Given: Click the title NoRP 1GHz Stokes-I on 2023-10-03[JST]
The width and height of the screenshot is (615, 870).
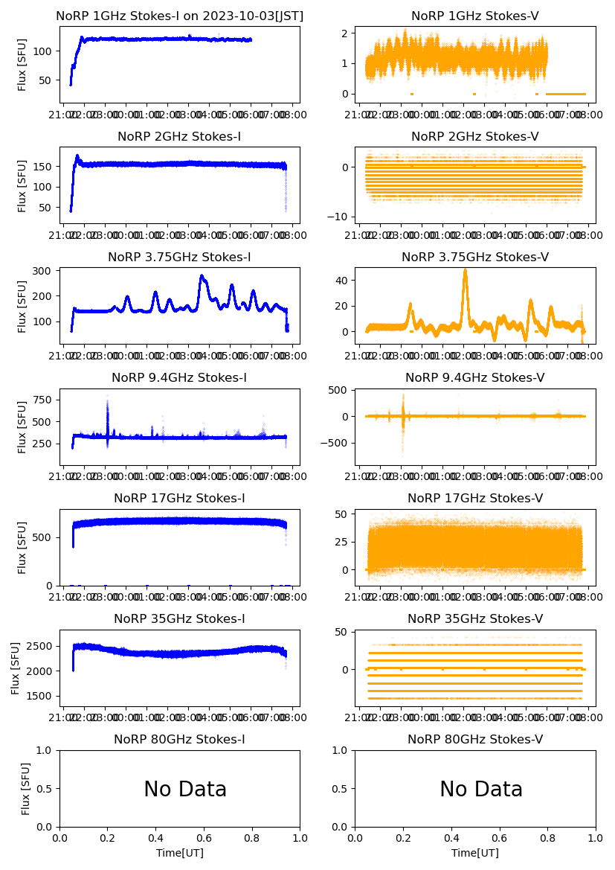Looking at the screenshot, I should (x=180, y=16).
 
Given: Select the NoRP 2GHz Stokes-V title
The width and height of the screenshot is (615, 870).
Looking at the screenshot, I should (x=475, y=137).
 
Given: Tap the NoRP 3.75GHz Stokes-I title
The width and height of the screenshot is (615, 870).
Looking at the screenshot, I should (x=180, y=258).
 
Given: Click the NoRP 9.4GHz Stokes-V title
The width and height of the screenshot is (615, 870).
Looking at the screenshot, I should (x=475, y=378).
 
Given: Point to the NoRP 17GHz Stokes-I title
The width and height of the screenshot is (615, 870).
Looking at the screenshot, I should (x=180, y=499).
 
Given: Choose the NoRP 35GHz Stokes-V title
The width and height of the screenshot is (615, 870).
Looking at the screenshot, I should (x=475, y=619).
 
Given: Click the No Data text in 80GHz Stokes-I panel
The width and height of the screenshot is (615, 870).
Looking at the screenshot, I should (x=185, y=790).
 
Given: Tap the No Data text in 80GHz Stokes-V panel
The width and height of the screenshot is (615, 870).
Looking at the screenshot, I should (x=481, y=790).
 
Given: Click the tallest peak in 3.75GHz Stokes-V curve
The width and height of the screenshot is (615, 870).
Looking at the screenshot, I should (x=466, y=271).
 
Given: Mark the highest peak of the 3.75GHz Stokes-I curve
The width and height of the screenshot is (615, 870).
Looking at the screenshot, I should (x=202, y=276).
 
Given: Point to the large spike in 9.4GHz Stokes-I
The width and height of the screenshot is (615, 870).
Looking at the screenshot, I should (x=107, y=402).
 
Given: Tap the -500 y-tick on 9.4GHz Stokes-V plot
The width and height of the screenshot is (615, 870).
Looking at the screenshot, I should (x=334, y=443).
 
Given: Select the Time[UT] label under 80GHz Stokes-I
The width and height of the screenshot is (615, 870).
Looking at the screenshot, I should (x=180, y=853).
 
